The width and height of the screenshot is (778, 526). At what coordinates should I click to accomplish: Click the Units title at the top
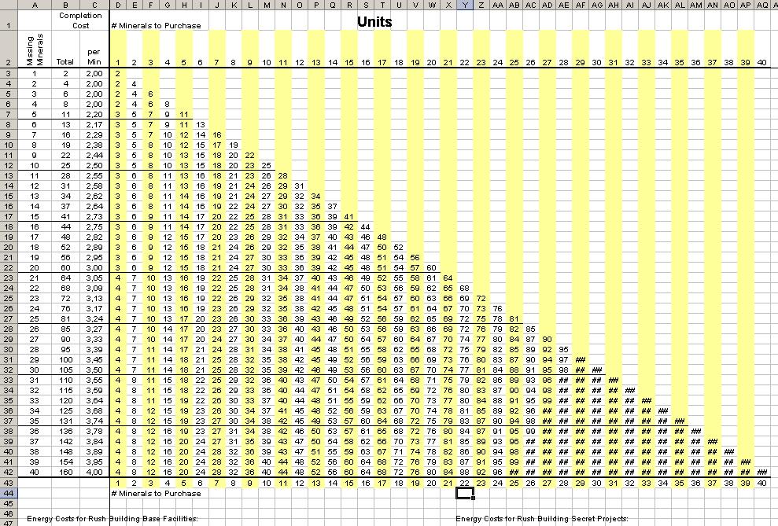(x=374, y=21)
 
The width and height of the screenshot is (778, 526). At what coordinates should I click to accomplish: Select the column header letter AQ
(x=762, y=5)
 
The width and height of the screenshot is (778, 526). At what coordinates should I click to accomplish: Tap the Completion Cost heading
(x=80, y=20)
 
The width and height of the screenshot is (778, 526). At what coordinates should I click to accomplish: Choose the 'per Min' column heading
(x=94, y=56)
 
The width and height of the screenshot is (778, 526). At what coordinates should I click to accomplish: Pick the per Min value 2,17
(x=94, y=124)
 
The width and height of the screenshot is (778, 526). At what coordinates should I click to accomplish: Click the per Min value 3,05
(x=94, y=278)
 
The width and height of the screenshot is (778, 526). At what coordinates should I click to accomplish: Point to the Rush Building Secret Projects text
(x=542, y=519)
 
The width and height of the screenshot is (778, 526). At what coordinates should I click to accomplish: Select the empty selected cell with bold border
(x=465, y=493)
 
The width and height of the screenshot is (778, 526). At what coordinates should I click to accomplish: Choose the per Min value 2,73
(x=94, y=216)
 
